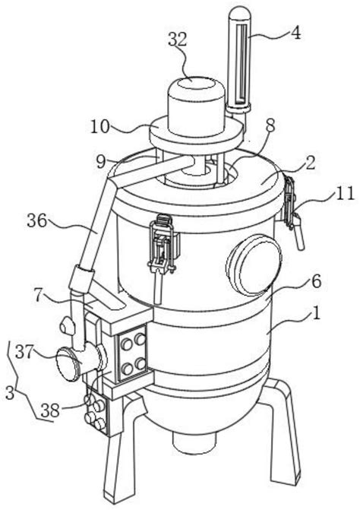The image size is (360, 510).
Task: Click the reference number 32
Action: click(178, 40)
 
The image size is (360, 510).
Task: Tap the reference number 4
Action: click(295, 33)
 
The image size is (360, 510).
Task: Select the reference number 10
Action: click(100, 127)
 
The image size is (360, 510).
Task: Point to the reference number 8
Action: click(270, 125)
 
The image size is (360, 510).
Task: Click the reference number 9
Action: click(101, 162)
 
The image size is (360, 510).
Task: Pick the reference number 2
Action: click(311, 163)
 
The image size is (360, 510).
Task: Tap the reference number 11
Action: click(345, 194)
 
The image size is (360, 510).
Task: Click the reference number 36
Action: click(37, 220)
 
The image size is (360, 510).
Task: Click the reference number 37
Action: click(25, 353)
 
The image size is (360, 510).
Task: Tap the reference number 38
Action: click(51, 410)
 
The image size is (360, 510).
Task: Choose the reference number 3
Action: click(10, 393)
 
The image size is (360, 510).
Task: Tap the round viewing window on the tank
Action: click(254, 264)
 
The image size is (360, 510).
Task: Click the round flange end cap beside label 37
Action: click(68, 364)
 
